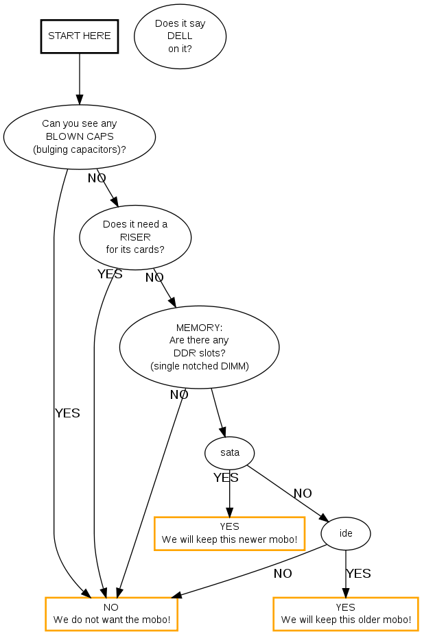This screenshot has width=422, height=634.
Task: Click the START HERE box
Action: coord(80,36)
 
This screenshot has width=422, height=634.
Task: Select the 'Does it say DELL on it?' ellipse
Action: coord(180,36)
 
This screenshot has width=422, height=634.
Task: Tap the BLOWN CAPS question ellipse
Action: coord(80,136)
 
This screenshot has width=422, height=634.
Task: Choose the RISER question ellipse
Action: coord(135,236)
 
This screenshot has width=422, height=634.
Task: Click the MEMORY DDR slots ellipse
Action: coord(199,346)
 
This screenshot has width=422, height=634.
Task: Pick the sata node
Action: coord(230,452)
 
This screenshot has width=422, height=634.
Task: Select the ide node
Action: coord(346,533)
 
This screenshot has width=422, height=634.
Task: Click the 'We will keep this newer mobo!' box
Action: coord(229,533)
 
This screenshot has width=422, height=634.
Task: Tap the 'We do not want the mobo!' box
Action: coord(111,614)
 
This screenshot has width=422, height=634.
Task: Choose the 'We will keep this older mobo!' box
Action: coord(345,614)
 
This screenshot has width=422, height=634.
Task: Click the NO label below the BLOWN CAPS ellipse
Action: coord(97,178)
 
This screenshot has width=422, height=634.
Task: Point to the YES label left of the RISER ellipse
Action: coord(110,274)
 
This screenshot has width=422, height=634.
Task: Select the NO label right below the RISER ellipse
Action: coord(154,278)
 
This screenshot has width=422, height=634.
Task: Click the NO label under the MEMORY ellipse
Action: coord(179,395)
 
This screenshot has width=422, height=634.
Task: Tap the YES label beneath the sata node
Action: coord(226,478)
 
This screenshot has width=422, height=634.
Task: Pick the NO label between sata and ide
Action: coord(303,493)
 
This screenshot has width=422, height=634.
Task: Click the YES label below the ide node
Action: coord(358,574)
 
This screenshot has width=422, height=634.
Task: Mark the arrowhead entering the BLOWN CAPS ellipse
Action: coord(80,99)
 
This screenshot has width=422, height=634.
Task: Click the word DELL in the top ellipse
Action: coord(180,36)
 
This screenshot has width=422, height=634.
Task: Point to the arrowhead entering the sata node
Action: coord(222,432)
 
